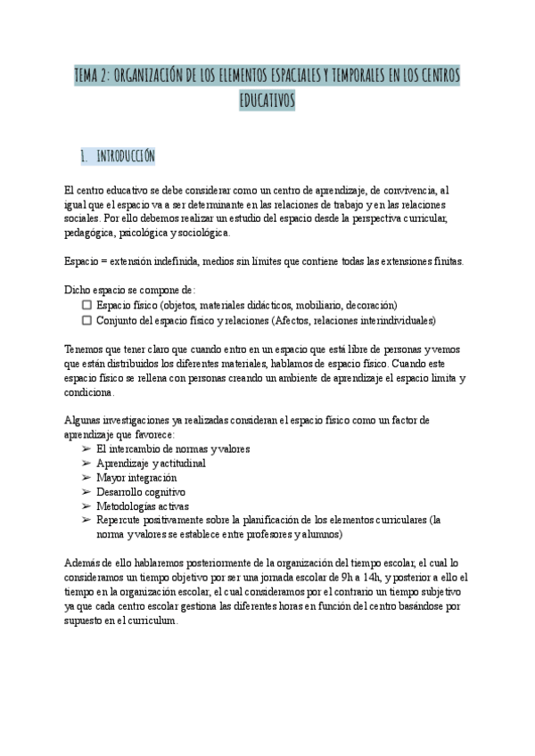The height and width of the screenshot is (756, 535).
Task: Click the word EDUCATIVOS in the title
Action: click(x=267, y=102)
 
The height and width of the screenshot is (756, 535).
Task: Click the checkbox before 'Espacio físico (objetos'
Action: click(x=86, y=305)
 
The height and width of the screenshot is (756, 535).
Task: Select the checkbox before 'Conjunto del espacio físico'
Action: click(x=86, y=319)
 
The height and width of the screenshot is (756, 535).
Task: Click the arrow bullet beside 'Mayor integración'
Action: click(x=86, y=478)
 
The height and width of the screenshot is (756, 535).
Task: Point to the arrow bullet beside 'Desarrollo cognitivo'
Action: click(x=86, y=492)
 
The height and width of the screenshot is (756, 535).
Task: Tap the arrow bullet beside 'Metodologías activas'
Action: click(x=86, y=506)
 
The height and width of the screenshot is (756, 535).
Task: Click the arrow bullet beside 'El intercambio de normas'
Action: click(x=86, y=448)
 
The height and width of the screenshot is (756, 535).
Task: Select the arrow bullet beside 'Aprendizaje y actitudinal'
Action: click(x=86, y=464)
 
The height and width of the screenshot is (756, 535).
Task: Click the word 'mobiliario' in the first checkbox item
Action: click(x=317, y=305)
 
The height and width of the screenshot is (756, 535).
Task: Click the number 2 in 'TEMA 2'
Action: click(x=107, y=77)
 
